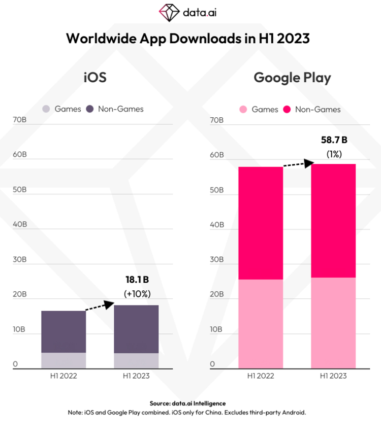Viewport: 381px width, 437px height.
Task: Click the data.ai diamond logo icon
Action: [169, 11]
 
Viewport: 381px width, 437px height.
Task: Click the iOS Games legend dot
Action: [46, 109]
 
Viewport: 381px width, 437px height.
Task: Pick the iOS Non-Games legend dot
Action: [90, 109]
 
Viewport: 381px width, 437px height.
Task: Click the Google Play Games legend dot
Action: [243, 110]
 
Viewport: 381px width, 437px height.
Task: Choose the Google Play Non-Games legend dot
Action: [287, 110]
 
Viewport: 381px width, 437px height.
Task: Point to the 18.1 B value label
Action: [137, 280]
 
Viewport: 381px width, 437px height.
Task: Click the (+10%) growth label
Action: [137, 293]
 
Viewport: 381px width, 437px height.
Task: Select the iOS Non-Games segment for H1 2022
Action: [63, 331]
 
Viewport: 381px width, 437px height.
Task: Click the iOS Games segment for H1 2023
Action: [136, 360]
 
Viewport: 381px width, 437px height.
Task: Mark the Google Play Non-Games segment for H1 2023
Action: [333, 221]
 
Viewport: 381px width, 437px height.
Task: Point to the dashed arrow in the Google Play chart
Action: [297, 164]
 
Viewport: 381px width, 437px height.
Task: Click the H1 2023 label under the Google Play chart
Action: [333, 376]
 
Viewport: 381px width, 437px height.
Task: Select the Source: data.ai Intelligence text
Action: [187, 404]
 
